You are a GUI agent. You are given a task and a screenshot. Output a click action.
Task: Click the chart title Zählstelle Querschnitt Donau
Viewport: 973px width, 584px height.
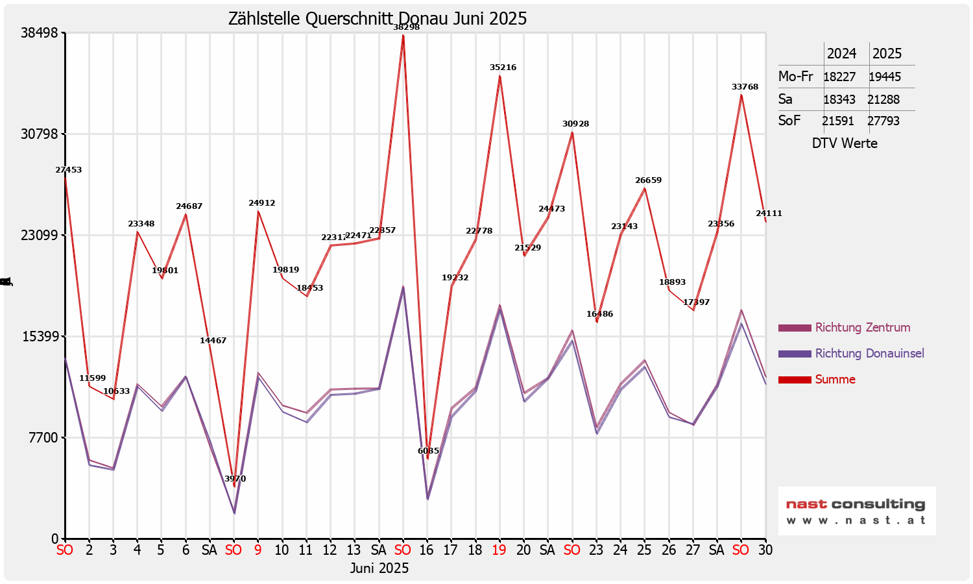(377, 19)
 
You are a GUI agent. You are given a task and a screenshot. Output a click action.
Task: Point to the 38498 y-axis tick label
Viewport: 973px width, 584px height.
(40, 33)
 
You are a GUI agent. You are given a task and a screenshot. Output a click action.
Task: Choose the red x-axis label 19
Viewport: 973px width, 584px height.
(499, 550)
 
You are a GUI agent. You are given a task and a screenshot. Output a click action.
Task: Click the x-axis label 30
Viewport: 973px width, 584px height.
(765, 550)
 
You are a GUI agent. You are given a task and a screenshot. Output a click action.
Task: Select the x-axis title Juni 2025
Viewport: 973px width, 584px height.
(379, 568)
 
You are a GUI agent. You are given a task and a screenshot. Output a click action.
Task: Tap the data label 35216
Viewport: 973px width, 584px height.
(503, 67)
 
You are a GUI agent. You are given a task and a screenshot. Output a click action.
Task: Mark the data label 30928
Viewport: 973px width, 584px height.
(575, 124)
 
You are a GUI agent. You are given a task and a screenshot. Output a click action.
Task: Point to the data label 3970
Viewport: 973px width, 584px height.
(235, 479)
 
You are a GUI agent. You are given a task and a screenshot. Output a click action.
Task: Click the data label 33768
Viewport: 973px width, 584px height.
(745, 87)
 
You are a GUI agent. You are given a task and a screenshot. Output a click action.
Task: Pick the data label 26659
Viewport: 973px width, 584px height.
(648, 180)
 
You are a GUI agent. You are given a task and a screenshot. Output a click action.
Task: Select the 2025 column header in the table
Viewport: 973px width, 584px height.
(887, 54)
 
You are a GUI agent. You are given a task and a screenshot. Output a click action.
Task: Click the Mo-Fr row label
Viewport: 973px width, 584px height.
(796, 77)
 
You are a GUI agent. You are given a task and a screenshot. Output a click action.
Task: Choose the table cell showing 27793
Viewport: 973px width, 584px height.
(883, 121)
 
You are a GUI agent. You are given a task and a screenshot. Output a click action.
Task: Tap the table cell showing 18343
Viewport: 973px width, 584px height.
(839, 100)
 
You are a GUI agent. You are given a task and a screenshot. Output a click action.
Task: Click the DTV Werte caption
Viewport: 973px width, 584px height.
(845, 143)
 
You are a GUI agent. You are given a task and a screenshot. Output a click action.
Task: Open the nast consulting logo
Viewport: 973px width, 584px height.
(856, 511)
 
